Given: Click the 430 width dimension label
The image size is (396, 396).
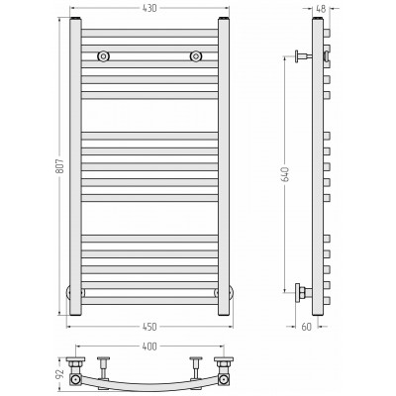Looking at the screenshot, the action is (149, 8).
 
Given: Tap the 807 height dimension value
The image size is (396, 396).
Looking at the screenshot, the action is (60, 166).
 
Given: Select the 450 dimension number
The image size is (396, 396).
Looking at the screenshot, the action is (149, 327).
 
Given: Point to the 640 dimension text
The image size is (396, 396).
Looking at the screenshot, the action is (285, 174).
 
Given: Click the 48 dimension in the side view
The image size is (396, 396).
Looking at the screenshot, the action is (321, 9).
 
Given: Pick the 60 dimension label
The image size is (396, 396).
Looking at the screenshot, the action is (307, 327).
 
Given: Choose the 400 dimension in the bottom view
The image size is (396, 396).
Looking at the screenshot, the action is (149, 346).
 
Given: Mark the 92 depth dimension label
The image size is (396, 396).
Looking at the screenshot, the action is (60, 373).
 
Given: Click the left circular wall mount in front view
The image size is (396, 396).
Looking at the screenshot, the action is (103, 56).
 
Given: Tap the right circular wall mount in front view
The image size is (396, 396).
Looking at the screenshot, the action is (196, 56).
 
